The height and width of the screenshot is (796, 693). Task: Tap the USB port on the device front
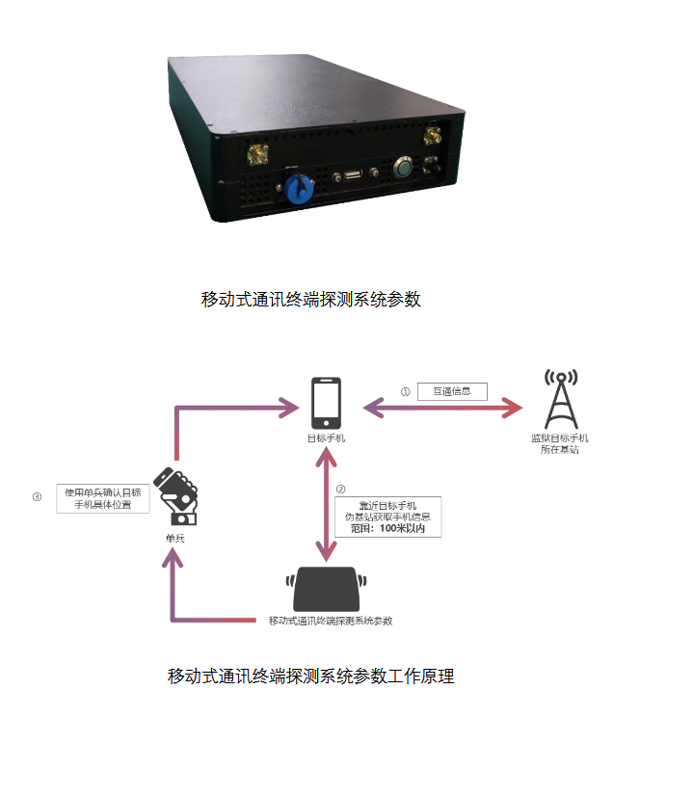(354, 174)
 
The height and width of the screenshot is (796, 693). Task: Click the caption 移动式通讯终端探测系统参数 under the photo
(311, 299)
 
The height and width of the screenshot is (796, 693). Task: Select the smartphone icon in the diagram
(326, 403)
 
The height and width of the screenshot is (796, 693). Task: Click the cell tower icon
(560, 399)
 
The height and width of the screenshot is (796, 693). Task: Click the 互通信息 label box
(452, 391)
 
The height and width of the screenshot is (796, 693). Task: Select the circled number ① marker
(406, 392)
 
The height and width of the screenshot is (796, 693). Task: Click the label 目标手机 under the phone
(326, 438)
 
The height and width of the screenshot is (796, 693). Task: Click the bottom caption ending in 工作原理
(310, 676)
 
